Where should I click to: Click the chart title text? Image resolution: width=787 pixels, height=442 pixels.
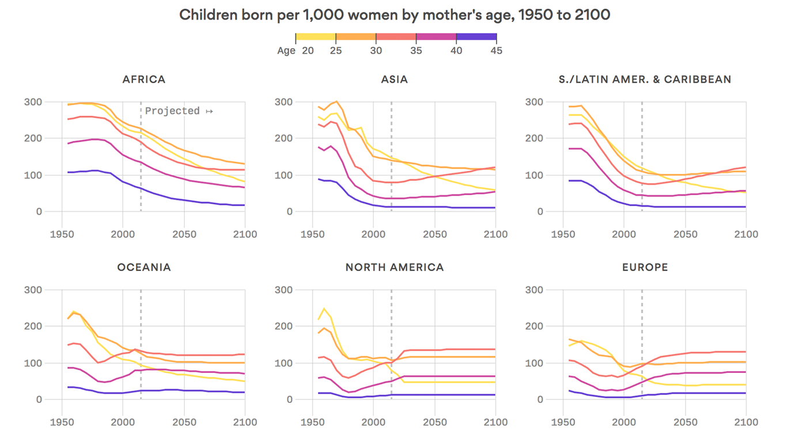coord(394,15)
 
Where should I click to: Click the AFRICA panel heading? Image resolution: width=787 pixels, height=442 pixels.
coord(144,79)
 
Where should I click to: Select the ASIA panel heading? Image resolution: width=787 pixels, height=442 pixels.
coord(394,79)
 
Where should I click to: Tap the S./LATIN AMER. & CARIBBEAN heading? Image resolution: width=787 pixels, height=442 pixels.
coord(645,79)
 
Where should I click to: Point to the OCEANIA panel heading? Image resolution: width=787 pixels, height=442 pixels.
coord(144,268)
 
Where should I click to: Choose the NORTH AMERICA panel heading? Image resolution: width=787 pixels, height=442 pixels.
coord(394,268)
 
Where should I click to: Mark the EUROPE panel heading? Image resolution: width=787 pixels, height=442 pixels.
coord(645,268)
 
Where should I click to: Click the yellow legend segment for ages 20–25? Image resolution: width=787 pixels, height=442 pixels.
coord(316,37)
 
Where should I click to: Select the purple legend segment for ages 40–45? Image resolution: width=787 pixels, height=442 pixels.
coord(476,37)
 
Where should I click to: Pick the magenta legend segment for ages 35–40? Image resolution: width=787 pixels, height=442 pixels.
coord(436,37)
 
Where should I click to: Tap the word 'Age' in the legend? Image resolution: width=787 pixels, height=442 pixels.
coord(286,51)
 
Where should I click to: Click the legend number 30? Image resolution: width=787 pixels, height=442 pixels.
coord(376,51)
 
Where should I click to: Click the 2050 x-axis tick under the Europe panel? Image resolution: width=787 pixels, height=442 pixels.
coord(685,422)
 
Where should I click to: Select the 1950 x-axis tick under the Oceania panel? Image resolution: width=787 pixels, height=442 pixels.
coord(60,422)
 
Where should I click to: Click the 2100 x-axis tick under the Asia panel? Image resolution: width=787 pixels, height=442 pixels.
coord(495,234)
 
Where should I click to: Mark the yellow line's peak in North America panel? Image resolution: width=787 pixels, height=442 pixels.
coord(324,308)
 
